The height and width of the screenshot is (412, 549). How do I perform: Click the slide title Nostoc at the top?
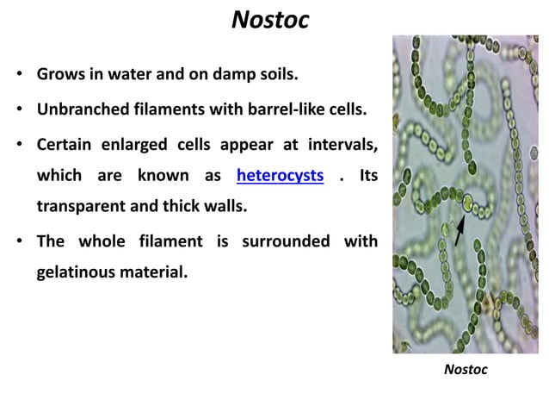point(270,20)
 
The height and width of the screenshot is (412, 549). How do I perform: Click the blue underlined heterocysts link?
point(280,176)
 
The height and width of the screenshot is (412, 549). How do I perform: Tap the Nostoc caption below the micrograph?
point(466,370)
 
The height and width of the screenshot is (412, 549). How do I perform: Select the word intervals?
point(342,144)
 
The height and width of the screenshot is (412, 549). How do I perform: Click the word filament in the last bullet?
point(177,241)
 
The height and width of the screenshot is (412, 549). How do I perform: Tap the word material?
point(162,272)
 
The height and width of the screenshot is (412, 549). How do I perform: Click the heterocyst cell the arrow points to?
point(466,204)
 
